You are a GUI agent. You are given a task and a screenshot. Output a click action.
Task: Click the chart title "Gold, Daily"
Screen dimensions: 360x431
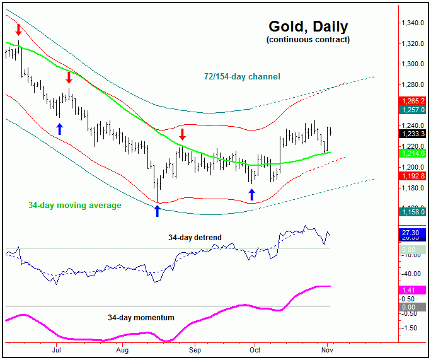(x=307, y=26)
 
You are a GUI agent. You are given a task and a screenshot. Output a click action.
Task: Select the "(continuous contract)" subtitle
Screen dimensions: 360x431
(x=307, y=40)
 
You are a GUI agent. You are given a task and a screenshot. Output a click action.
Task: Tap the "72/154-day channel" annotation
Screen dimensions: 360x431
(x=242, y=77)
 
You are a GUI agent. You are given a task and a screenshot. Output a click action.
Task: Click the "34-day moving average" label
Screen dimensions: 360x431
(x=74, y=205)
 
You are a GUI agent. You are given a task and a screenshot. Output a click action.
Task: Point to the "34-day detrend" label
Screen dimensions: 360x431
(x=195, y=238)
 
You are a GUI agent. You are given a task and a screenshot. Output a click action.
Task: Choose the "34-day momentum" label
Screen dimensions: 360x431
(x=141, y=318)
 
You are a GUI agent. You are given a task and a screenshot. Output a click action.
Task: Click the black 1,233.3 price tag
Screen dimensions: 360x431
(x=413, y=133)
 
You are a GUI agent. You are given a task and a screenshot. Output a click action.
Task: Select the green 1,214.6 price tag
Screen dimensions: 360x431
(x=413, y=153)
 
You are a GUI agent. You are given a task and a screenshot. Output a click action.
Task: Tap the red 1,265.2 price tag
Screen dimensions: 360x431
(x=413, y=101)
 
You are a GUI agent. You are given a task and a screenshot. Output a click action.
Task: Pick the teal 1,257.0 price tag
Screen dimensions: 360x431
(x=413, y=110)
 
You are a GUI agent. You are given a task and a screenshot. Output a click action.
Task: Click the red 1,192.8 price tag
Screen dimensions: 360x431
(x=413, y=176)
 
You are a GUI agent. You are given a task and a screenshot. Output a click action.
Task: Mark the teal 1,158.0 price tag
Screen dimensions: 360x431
(x=413, y=212)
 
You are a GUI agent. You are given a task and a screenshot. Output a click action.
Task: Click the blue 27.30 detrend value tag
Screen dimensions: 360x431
(x=413, y=233)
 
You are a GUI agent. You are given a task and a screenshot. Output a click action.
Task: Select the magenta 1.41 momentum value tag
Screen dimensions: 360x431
(x=413, y=289)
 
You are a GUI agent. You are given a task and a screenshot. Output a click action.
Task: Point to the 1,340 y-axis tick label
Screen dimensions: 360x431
(x=413, y=23)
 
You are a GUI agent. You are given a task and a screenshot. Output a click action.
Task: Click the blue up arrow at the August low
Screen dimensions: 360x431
(x=158, y=211)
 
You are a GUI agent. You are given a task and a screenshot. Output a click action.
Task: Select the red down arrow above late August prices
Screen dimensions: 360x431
(x=182, y=134)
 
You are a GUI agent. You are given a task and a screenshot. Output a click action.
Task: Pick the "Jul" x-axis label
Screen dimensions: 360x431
(x=56, y=349)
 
